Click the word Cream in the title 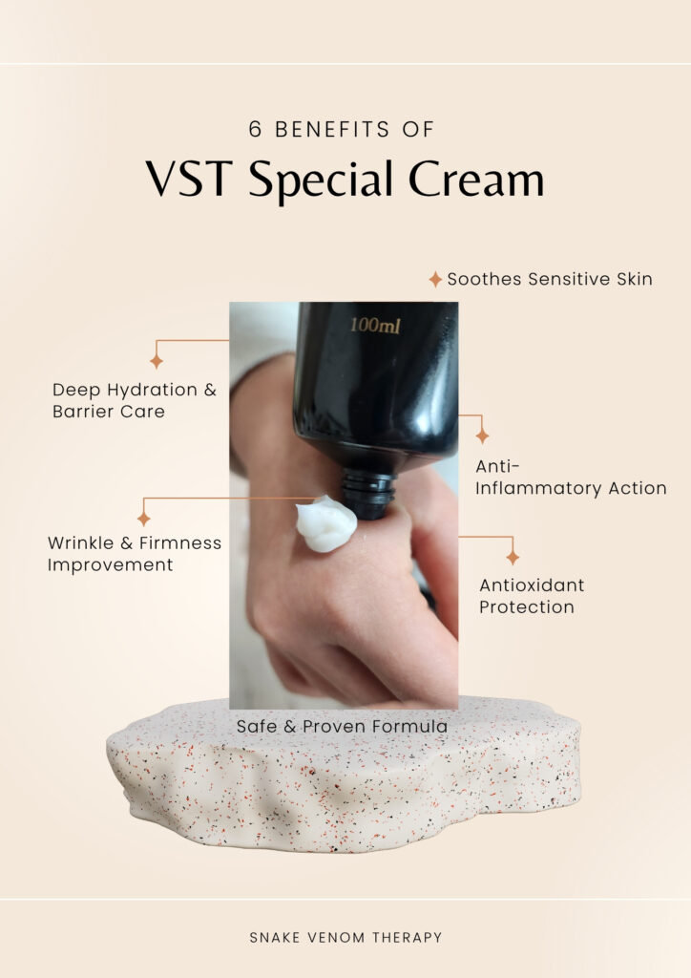click(x=476, y=180)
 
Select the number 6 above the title click(x=255, y=129)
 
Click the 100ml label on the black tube click(x=375, y=325)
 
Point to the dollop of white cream click(x=325, y=523)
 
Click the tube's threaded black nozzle click(x=368, y=495)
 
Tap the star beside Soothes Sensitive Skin click(x=435, y=280)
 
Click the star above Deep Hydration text click(x=157, y=361)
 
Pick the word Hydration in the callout click(x=152, y=391)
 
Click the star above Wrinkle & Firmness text click(x=144, y=519)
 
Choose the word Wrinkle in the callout click(x=80, y=542)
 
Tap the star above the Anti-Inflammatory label click(x=482, y=436)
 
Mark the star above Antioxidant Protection click(x=513, y=558)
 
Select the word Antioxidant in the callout click(x=532, y=585)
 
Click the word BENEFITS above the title click(x=332, y=129)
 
